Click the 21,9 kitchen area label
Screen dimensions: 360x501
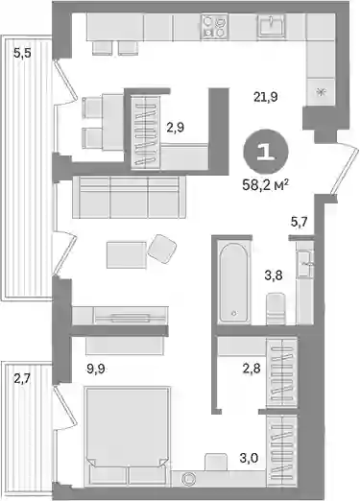point(266,96)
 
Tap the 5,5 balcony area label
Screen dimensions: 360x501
point(22,53)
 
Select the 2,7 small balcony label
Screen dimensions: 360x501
point(22,379)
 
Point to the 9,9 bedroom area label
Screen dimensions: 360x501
point(96,370)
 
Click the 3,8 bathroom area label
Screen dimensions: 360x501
point(274,274)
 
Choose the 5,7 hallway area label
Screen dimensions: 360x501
point(299,222)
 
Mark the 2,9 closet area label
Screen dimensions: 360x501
point(175,128)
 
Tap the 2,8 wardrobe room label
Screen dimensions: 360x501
point(252,369)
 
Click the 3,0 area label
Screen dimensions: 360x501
point(249,458)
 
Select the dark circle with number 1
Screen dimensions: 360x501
point(266,153)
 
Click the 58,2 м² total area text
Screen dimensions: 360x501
point(266,185)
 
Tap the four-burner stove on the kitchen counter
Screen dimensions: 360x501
point(214,27)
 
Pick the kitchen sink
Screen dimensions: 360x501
point(272,25)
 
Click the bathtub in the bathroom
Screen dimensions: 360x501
point(234,281)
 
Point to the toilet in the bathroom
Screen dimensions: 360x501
point(276,309)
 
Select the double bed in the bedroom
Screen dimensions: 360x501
point(127,436)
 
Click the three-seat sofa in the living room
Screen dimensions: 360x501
point(129,197)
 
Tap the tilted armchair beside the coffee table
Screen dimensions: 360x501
point(162,249)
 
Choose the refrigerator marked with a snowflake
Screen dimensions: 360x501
point(321,92)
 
